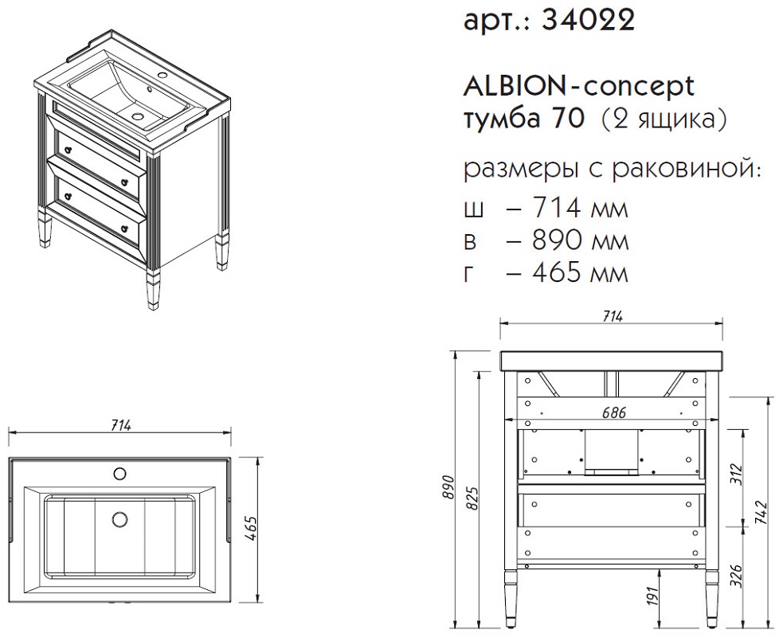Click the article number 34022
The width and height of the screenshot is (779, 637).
point(589,21)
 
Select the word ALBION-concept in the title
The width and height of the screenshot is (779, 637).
point(579,87)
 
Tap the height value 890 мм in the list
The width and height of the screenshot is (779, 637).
point(580,240)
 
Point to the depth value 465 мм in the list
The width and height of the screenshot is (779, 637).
point(580,272)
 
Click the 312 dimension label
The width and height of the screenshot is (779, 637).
point(736,475)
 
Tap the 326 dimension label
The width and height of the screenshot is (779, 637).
point(736,575)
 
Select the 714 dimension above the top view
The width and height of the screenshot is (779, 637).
point(120,425)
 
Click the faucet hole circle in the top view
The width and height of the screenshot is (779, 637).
point(119,474)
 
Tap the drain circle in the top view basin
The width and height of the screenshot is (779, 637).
point(119,519)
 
